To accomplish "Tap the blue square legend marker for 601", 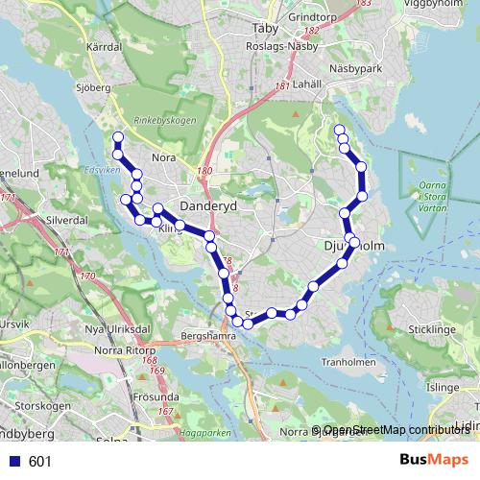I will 14,462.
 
